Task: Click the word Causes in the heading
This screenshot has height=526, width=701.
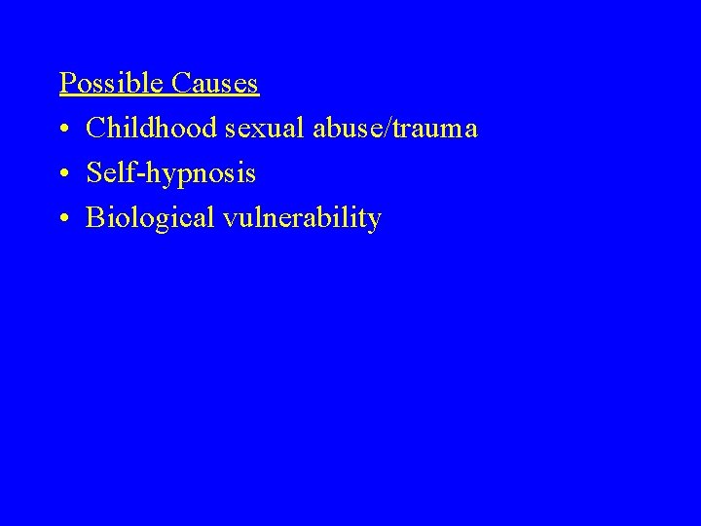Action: coord(214,84)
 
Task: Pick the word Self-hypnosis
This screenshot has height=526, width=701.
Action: coord(171,174)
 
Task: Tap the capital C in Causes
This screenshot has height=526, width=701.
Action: coord(179,84)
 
